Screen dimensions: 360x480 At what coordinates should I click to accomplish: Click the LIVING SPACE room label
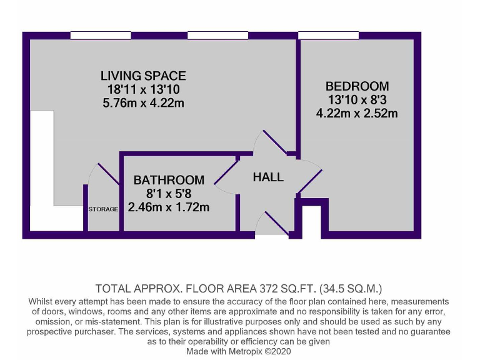[x=143, y=76]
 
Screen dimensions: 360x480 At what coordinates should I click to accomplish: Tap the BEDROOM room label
[x=357, y=86]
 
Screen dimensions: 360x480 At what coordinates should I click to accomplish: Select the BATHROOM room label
[x=169, y=180]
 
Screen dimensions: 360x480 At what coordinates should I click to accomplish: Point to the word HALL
[x=268, y=177]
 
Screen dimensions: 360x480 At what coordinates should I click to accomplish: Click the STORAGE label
[x=102, y=209]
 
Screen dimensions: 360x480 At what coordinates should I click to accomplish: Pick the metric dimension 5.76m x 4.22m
[x=143, y=103]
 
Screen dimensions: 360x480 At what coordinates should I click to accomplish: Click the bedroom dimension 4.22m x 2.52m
[x=357, y=114]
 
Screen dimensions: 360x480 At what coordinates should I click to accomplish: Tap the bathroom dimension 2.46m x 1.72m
[x=169, y=207]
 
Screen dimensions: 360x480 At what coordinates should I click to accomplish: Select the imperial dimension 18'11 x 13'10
[x=143, y=89]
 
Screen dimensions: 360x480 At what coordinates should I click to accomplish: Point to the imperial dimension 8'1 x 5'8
[x=169, y=194]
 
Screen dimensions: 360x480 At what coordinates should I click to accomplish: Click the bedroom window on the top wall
[x=328, y=35]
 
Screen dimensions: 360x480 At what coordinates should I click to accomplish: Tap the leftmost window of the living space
[x=100, y=35]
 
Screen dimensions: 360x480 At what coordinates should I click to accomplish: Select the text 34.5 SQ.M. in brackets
[x=349, y=289]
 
